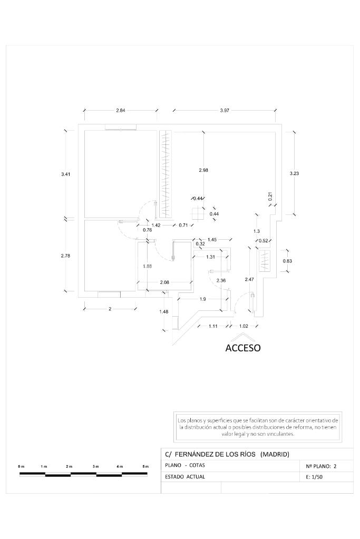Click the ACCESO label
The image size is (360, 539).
(x=243, y=348)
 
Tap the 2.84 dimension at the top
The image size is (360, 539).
(x=120, y=110)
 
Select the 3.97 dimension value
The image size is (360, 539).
(x=224, y=110)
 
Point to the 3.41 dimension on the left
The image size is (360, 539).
(x=65, y=174)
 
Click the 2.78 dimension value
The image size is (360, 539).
(x=65, y=256)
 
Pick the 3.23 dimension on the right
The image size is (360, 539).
(x=294, y=173)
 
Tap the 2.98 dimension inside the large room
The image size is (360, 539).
(x=203, y=170)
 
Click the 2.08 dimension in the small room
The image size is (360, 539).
(x=164, y=282)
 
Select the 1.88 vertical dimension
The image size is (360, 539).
(x=147, y=266)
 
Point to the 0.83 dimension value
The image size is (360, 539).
(x=287, y=261)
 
